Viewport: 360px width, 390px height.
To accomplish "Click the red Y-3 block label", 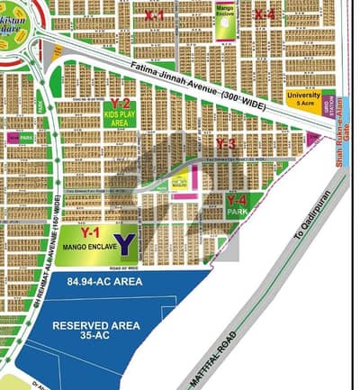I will coord(227,144).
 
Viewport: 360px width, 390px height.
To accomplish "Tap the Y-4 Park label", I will coord(237,204).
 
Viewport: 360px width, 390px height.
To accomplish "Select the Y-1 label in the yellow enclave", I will coord(89,231).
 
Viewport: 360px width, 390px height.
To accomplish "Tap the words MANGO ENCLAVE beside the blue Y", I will coord(86,245).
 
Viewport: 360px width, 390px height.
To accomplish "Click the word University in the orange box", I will coord(303,94).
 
